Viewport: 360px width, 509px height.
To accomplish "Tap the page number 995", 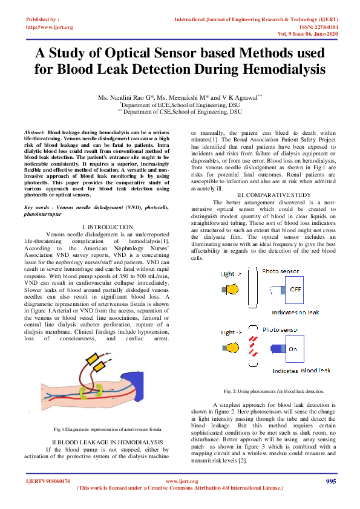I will coord(330,481).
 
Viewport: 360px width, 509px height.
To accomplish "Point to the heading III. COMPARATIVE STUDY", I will coord(273,194).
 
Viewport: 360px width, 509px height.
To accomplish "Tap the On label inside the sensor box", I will coord(292,349).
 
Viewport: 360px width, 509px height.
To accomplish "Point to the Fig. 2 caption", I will coord(273,391).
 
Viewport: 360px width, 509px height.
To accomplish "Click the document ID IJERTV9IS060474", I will coord(48,481).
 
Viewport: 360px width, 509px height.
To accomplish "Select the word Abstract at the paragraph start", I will coord(34,131).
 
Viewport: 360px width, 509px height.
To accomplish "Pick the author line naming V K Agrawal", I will coord(180,97).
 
